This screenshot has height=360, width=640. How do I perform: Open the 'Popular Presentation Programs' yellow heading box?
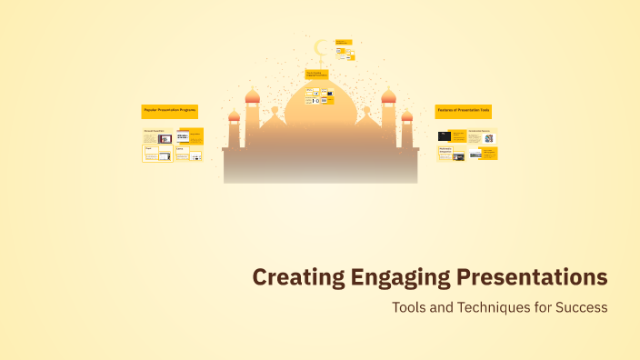pyautogui.click(x=170, y=110)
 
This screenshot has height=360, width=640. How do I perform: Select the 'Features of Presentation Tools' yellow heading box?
pyautogui.click(x=464, y=110)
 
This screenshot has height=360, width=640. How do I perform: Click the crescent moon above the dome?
pyautogui.click(x=320, y=48)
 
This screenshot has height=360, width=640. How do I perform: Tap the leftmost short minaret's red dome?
pyautogui.click(x=234, y=115)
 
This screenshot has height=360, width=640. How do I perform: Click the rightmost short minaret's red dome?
pyautogui.click(x=406, y=115)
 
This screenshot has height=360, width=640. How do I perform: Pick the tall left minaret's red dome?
pyautogui.click(x=253, y=96)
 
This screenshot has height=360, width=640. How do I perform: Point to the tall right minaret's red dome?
pyautogui.click(x=388, y=96)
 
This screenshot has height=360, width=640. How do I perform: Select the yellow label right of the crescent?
pyautogui.click(x=343, y=42)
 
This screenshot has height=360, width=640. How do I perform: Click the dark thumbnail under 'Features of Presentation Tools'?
pyautogui.click(x=445, y=136)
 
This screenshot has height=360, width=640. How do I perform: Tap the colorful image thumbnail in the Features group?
pyautogui.click(x=488, y=139)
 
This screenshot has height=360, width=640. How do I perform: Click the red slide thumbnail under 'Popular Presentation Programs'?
pyautogui.click(x=165, y=139)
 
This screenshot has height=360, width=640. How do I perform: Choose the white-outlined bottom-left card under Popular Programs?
pyautogui.click(x=157, y=155)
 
